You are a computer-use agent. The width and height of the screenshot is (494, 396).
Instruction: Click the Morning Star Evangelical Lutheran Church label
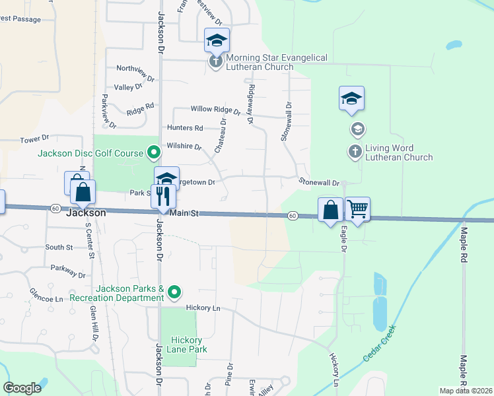click(277, 63)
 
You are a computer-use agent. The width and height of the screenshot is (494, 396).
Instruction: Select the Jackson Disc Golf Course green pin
click(154, 153)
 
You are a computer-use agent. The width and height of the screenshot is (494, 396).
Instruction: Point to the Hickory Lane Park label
click(180, 345)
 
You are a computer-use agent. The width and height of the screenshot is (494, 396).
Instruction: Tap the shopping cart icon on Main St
click(357, 209)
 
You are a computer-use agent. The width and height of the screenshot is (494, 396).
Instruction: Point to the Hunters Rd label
click(185, 127)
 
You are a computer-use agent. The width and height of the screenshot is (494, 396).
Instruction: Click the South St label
click(59, 247)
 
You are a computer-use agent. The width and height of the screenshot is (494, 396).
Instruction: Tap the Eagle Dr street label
click(343, 239)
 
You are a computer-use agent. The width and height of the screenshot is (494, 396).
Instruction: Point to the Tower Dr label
click(35, 139)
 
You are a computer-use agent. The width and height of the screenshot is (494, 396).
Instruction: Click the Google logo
click(22, 388)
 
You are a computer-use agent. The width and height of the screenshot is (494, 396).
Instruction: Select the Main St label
click(184, 213)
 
